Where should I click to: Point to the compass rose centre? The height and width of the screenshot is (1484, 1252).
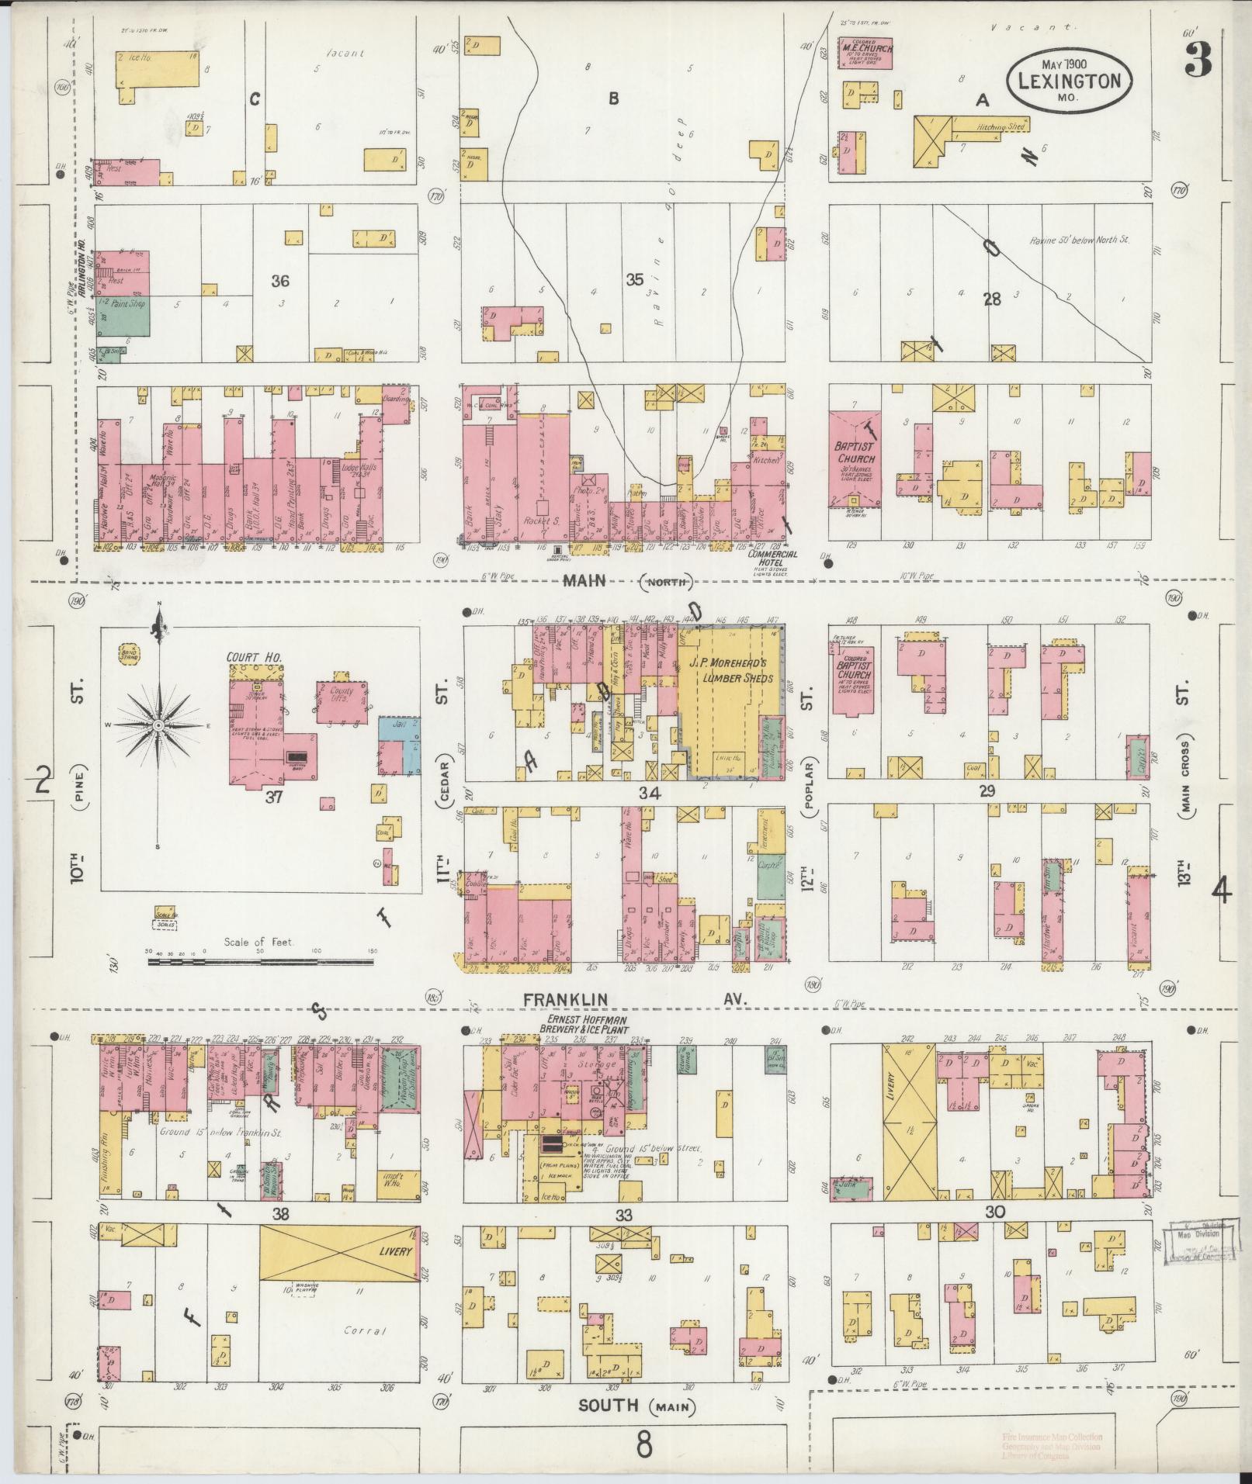158,725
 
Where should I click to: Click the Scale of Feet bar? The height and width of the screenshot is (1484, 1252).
260,962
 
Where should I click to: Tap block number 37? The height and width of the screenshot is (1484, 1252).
273,797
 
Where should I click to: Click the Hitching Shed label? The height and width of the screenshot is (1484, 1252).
1001,126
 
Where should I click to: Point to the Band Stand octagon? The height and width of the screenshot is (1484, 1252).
128,653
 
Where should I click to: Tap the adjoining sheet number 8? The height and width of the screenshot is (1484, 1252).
644,1446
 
